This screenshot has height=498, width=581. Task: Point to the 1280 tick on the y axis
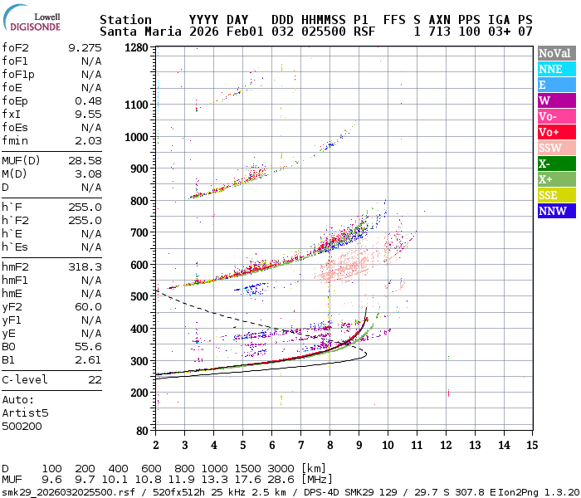(136, 48)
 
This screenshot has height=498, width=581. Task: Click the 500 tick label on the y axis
(139, 296)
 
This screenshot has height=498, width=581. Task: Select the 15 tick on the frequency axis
(533, 446)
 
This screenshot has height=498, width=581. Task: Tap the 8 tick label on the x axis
(330, 446)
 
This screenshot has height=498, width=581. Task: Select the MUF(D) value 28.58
(85, 160)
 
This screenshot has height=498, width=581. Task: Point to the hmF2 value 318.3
(85, 266)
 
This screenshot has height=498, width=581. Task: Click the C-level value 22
(95, 379)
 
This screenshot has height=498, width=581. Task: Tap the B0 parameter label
(9, 346)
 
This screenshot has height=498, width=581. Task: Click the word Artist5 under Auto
(25, 413)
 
